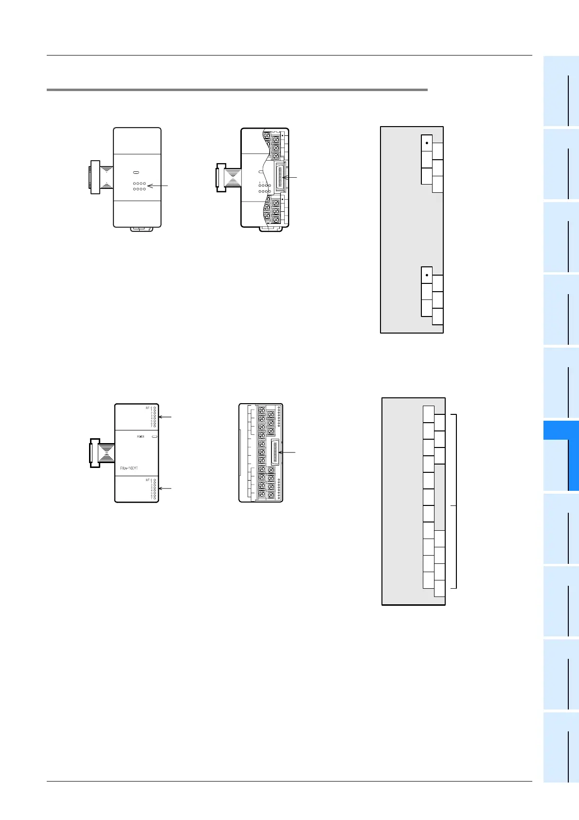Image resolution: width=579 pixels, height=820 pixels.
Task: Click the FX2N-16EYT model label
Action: point(129,468)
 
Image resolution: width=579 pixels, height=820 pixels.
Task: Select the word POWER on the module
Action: point(140,437)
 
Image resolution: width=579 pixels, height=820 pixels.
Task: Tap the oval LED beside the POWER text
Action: point(154,437)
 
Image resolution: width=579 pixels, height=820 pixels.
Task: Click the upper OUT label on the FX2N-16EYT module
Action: point(147,408)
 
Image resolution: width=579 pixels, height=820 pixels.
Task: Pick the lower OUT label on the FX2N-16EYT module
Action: point(147,480)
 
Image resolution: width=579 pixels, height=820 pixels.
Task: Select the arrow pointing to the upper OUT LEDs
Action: point(165,417)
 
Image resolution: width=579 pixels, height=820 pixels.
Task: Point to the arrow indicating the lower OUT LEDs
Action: point(165,488)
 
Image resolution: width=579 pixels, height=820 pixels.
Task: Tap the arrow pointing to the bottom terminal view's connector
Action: point(287,452)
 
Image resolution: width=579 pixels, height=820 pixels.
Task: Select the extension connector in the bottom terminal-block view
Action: point(275,452)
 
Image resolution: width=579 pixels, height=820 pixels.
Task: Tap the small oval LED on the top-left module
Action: point(137,172)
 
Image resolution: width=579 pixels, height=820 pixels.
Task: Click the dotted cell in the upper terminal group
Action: point(427,143)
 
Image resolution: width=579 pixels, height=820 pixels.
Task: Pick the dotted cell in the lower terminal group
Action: point(427,275)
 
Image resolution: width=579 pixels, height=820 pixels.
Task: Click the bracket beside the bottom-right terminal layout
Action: point(455,502)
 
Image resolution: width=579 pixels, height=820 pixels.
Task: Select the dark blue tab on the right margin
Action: point(561,455)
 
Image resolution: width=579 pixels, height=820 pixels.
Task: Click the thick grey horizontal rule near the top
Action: point(237,90)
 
